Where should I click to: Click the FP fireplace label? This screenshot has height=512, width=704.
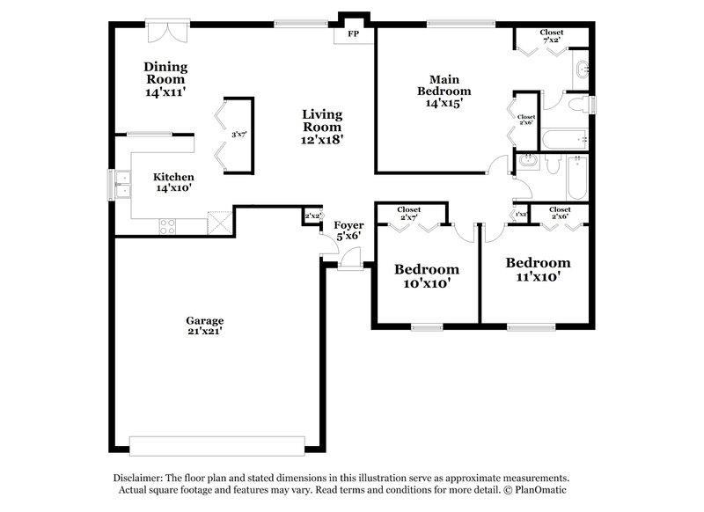(x=354, y=34)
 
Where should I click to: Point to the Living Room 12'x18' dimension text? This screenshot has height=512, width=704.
(x=322, y=138)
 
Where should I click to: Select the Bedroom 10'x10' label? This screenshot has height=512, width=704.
(x=426, y=275)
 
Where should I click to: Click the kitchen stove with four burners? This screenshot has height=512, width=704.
(x=167, y=226)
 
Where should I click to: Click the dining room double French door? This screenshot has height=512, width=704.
(x=166, y=31)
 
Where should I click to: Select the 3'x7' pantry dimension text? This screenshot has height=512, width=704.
(x=238, y=135)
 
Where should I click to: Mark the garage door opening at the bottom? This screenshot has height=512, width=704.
(x=216, y=442)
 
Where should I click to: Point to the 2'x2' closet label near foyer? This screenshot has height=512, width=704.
(x=312, y=216)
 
